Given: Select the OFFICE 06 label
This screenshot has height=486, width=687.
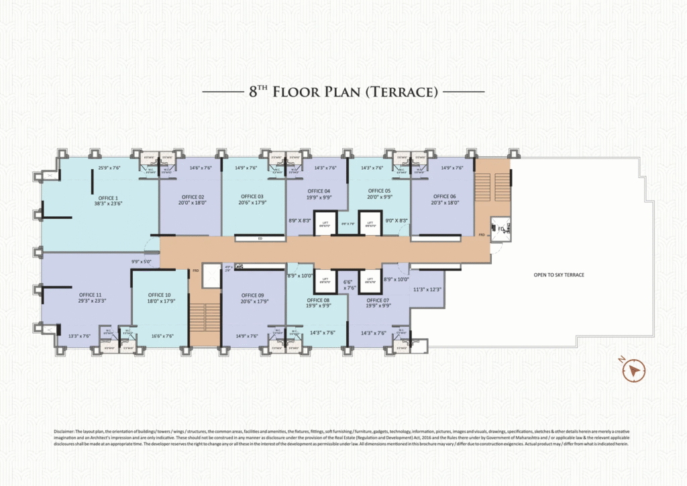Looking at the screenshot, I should [444, 197].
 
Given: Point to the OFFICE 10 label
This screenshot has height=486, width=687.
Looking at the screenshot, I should [159, 295].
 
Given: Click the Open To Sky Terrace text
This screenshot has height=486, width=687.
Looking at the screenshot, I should [559, 275].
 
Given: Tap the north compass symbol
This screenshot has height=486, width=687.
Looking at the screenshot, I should [633, 370].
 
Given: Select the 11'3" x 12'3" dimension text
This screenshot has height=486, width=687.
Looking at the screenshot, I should [428, 289].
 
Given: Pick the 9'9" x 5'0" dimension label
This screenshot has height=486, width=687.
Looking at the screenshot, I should [142, 262].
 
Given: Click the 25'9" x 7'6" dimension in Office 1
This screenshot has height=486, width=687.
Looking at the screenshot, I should [109, 168].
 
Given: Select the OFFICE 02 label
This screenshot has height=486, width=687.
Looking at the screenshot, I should [191, 197].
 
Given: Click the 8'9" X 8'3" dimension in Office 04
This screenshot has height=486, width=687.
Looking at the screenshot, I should [299, 220].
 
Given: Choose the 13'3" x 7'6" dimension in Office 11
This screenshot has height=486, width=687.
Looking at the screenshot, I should [80, 336].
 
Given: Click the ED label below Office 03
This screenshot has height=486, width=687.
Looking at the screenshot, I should [260, 238].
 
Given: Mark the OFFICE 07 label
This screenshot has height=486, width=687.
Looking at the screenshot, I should [377, 300].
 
